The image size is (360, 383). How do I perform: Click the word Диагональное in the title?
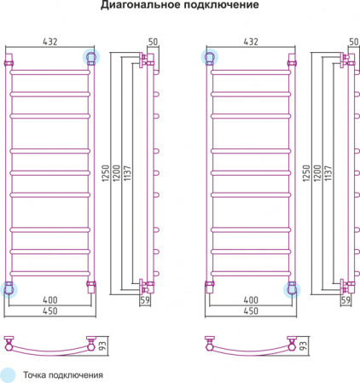tap(139, 5)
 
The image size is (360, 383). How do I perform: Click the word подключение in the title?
tap(219, 5)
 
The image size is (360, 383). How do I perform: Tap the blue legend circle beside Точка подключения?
tap(8, 375)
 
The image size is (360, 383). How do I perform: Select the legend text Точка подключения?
tap(63, 375)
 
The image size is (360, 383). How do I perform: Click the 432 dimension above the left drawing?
tap(50, 42)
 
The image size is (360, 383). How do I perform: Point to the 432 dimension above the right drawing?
tap(251, 42)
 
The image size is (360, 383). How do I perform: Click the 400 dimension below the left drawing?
tap(50, 300)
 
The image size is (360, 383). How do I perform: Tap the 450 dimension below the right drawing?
tap(251, 310)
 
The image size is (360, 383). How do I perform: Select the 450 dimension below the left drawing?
tap(50, 310)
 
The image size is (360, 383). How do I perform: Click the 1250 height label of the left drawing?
tap(106, 173)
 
